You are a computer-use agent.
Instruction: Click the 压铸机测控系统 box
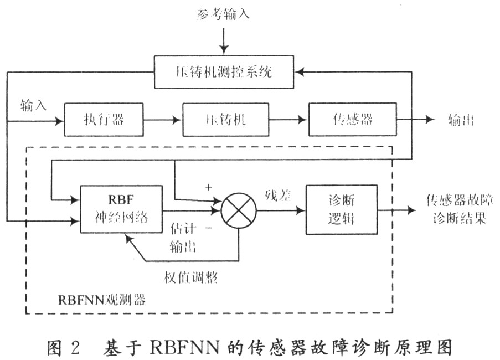pyautogui.click(x=224, y=72)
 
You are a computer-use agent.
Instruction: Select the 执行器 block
pyautogui.click(x=104, y=120)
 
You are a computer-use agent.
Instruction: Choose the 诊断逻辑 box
pyautogui.click(x=342, y=209)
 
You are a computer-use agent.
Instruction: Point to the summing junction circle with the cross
pyautogui.click(x=239, y=210)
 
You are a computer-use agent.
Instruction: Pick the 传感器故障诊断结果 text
pyautogui.click(x=456, y=208)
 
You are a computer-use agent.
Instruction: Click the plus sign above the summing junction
pyautogui.click(x=209, y=187)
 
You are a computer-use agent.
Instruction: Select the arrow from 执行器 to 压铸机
pyautogui.click(x=162, y=120)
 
